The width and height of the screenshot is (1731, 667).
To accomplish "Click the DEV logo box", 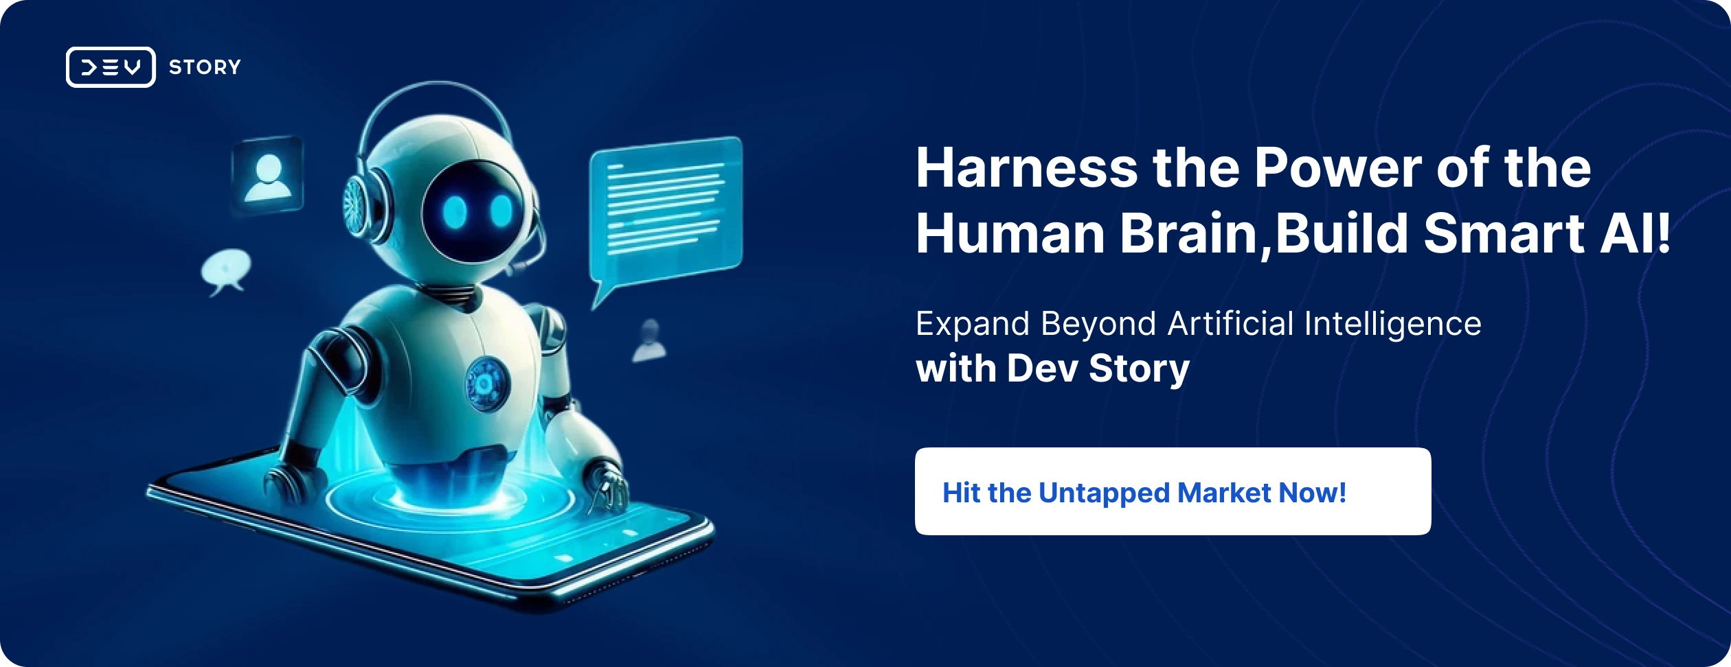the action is click(111, 67).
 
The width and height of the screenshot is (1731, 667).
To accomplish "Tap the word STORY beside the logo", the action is click(205, 67).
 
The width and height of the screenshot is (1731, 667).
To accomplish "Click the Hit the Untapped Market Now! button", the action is click(1173, 491).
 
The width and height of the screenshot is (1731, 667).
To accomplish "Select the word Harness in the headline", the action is click(1027, 168).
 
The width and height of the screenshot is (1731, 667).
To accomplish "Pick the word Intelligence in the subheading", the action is click(1392, 325).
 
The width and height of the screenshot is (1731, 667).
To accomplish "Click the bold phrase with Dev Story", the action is click(1052, 368).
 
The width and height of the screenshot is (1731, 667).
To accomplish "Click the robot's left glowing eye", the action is click(455, 212).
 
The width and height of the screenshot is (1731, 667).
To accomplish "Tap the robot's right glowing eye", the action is click(501, 211).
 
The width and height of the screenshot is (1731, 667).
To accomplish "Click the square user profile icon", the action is click(267, 176).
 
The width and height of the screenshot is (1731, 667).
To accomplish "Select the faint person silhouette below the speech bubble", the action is click(649, 340).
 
